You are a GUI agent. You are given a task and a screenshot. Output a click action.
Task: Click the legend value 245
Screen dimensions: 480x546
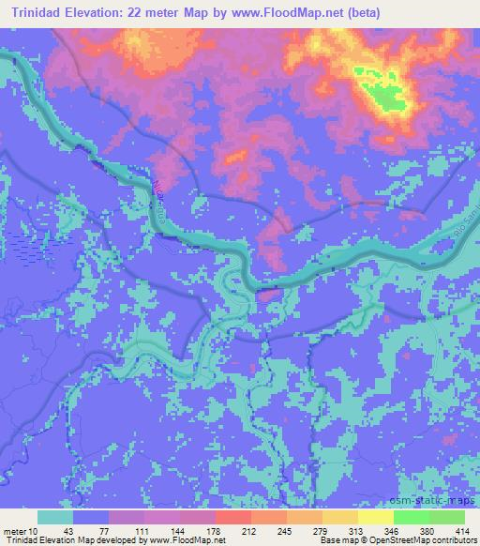pyautogui.click(x=271, y=530)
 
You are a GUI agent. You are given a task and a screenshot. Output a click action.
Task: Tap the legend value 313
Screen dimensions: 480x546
pyautogui.click(x=341, y=530)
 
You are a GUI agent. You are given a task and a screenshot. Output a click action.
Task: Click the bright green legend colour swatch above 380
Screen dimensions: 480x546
pyautogui.click(x=411, y=517)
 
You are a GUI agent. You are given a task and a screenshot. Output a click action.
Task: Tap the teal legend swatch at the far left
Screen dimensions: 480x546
pyautogui.click(x=55, y=517)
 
